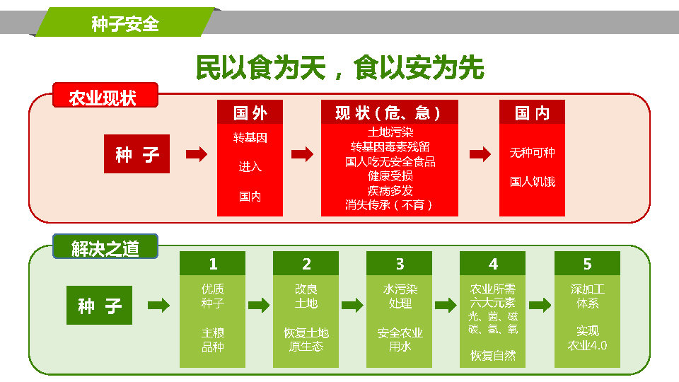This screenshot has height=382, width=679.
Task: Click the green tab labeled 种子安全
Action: pyautogui.click(x=125, y=22)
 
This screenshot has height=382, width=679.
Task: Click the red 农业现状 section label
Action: pyautogui.click(x=105, y=95)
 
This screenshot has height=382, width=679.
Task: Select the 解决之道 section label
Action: pyautogui.click(x=105, y=246)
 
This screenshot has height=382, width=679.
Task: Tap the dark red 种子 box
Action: pyautogui.click(x=137, y=154)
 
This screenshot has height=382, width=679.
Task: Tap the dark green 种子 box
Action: pyautogui.click(x=99, y=305)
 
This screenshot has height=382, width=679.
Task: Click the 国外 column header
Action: pyautogui.click(x=250, y=112)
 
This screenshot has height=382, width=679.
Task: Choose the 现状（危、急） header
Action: pyautogui.click(x=389, y=112)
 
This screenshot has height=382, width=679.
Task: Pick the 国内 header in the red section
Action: pyautogui.click(x=532, y=112)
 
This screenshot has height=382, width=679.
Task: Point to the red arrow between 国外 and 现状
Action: pyautogui.click(x=302, y=154)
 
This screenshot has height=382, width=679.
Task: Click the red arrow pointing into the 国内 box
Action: pyautogui.click(x=480, y=154)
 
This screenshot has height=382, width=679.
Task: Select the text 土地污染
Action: pyautogui.click(x=390, y=132)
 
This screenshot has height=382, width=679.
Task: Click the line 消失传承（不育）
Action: pyautogui.click(x=389, y=205)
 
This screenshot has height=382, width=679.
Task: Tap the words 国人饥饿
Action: pyautogui.click(x=532, y=182)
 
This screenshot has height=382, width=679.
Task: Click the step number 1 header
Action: pyautogui.click(x=213, y=263)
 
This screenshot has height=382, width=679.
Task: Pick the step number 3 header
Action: pyautogui.click(x=399, y=263)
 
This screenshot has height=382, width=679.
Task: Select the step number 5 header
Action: pyautogui.click(x=587, y=263)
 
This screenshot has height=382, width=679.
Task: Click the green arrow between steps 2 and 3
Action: pyautogui.click(x=352, y=305)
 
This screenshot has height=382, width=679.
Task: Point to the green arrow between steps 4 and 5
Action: pyautogui.click(x=540, y=305)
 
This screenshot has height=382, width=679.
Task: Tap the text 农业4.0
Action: pyautogui.click(x=587, y=346)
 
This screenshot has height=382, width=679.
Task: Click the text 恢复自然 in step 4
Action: pyautogui.click(x=493, y=356)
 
